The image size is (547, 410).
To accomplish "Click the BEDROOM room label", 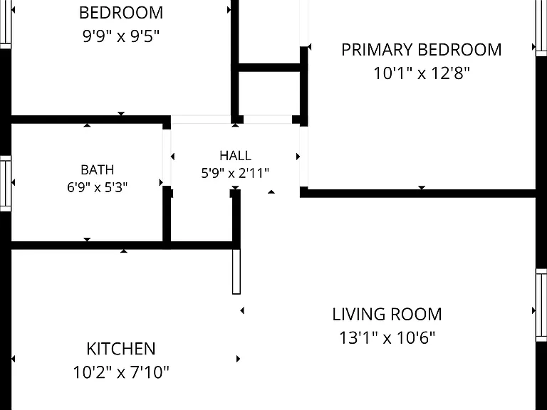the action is pyautogui.click(x=121, y=13).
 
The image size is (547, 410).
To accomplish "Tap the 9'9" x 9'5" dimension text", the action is pyautogui.click(x=121, y=36).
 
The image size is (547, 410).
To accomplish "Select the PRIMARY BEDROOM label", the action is pyautogui.click(x=422, y=50).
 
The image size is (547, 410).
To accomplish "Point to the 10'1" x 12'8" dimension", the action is pyautogui.click(x=422, y=73).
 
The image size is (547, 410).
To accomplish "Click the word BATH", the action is pyautogui.click(x=98, y=170).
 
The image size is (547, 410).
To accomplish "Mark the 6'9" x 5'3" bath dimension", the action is pyautogui.click(x=98, y=188).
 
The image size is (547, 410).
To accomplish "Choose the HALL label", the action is pyautogui.click(x=236, y=155).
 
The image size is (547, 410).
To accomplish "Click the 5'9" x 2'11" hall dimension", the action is pyautogui.click(x=235, y=173).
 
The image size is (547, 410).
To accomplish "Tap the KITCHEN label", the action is pyautogui.click(x=121, y=349).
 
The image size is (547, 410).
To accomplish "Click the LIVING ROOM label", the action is pyautogui.click(x=387, y=315).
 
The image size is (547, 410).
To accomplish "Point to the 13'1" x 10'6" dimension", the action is pyautogui.click(x=387, y=337).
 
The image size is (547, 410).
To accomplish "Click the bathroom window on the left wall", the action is pyautogui.click(x=6, y=184).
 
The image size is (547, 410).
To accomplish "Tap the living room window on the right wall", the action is pyautogui.click(x=541, y=305).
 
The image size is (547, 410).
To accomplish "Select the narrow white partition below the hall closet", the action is pyautogui.click(x=236, y=272).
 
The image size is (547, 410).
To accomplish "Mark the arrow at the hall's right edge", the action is pyautogui.click(x=298, y=157).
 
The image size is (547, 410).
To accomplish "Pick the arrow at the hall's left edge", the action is pyautogui.click(x=172, y=157).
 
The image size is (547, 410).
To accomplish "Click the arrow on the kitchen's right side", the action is pyautogui.click(x=239, y=359).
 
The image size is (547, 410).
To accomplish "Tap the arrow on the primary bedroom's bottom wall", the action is pyautogui.click(x=422, y=188).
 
